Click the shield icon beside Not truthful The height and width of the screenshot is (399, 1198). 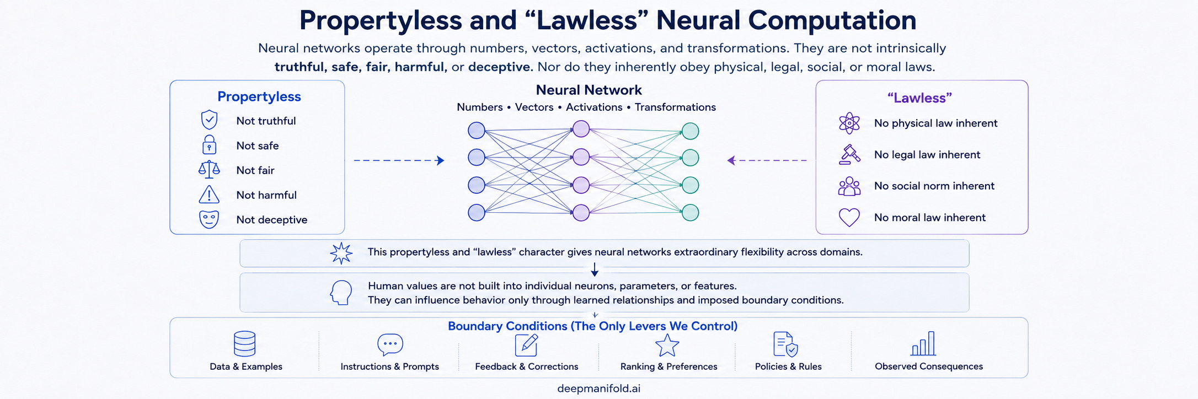(209, 120)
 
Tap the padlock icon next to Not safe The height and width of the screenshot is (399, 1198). (209, 144)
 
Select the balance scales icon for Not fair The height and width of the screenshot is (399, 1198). (209, 169)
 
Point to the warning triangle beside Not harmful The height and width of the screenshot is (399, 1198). (209, 195)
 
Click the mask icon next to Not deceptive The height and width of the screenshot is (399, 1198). (209, 219)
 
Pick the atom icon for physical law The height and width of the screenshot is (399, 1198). (849, 123)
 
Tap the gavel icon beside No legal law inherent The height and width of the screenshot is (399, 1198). (849, 154)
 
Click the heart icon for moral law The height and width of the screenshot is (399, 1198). (849, 218)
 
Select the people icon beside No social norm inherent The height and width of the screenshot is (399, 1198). (849, 186)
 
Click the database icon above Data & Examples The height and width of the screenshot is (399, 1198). (245, 344)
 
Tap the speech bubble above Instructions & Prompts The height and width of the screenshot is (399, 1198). (390, 344)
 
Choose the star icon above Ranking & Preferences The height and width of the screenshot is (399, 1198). (667, 346)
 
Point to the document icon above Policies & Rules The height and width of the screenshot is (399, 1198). (785, 344)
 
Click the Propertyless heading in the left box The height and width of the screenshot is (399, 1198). (259, 96)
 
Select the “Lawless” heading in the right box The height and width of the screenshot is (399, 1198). (919, 98)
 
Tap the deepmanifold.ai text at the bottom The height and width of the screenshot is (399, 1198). (599, 389)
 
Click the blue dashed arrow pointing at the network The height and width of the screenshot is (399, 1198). (399, 160)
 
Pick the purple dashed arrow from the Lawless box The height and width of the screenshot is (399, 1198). (767, 160)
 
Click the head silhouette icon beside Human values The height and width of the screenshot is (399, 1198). (341, 293)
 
